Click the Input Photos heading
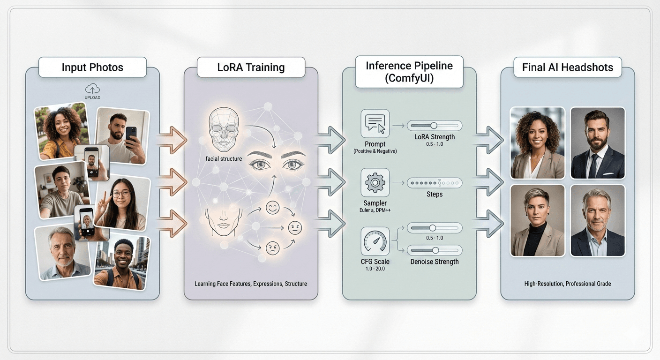(92, 67)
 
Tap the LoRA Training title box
(251, 67)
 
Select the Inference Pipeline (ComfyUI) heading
(409, 72)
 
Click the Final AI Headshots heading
(568, 67)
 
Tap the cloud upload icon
(92, 89)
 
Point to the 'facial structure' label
(224, 158)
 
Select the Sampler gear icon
(375, 183)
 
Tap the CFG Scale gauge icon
(375, 241)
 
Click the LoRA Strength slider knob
(434, 125)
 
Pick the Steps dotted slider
(434, 183)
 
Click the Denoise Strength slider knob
(435, 250)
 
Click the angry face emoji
(272, 248)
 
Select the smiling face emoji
(272, 208)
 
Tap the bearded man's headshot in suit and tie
(597, 143)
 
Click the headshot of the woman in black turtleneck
(537, 220)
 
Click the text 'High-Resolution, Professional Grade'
(568, 284)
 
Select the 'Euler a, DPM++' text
(375, 210)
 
